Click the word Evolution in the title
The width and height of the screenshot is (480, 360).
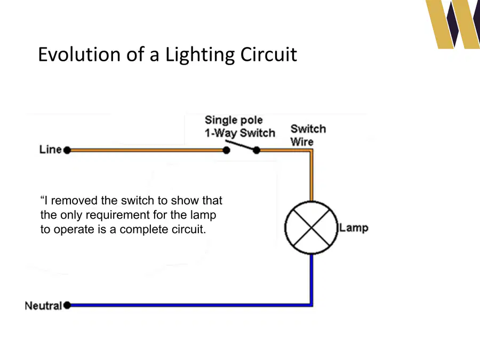pos(79,54)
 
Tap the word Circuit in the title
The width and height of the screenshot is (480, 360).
pos(268,54)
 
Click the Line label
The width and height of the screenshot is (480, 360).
pos(51,149)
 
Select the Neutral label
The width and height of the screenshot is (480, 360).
pos(43,306)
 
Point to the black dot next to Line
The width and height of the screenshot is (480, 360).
pos(67,150)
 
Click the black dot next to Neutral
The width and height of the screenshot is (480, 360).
pos(67,305)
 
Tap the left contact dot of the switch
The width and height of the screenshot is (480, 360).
pos(226,150)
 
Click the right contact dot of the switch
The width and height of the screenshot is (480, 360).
pos(257,150)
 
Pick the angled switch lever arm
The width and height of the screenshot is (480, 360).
pos(241,145)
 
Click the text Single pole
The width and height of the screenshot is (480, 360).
pos(234,119)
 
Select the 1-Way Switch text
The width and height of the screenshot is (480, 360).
pos(240,133)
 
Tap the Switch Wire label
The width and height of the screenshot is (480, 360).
pos(308,135)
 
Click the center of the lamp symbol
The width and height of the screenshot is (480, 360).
pos(311,227)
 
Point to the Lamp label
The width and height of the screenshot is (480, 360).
pos(354,228)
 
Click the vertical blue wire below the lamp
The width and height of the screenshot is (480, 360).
pos(311,279)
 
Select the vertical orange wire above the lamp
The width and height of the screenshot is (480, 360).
pos(311,176)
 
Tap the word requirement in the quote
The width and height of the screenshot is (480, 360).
pos(117,215)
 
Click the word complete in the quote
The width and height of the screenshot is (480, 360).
pos(144,229)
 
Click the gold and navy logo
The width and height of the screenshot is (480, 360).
pos(453,24)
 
